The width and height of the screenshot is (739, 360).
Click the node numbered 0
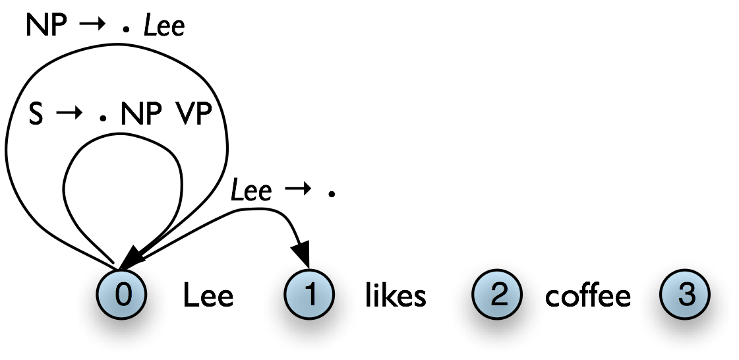[121, 295]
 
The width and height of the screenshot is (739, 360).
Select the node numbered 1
[309, 295]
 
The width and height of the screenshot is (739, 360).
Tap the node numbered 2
[497, 295]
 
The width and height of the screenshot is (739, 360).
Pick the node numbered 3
[685, 295]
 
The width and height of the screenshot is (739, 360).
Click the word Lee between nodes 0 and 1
[208, 296]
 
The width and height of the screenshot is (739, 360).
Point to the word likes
[396, 296]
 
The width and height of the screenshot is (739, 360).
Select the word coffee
[587, 296]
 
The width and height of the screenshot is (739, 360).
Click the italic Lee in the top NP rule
[165, 26]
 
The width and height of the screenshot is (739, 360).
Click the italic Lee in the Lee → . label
[251, 191]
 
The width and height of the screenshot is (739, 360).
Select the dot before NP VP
[102, 119]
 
